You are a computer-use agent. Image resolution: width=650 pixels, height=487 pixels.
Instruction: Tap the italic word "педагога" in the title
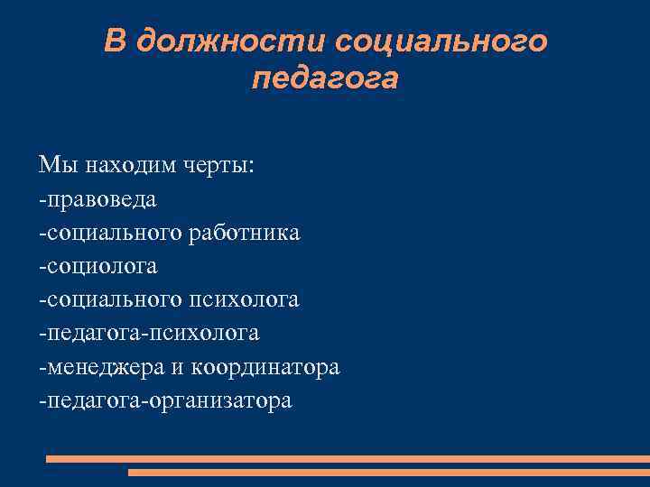coord(325,79)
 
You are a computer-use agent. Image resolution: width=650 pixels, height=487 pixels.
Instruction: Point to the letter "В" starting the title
coord(114,41)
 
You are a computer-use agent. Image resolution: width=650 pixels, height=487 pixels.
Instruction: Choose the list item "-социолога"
coord(97,266)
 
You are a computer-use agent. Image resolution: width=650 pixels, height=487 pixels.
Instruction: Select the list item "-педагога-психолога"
coord(149,333)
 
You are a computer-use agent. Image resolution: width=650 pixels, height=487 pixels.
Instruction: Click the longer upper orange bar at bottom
coord(348,459)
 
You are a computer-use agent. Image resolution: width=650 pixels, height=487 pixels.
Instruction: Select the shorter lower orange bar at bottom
coord(388,472)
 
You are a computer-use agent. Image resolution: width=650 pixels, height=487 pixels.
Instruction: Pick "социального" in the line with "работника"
coord(113,233)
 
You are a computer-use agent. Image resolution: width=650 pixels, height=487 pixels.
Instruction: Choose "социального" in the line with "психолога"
coord(113,299)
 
